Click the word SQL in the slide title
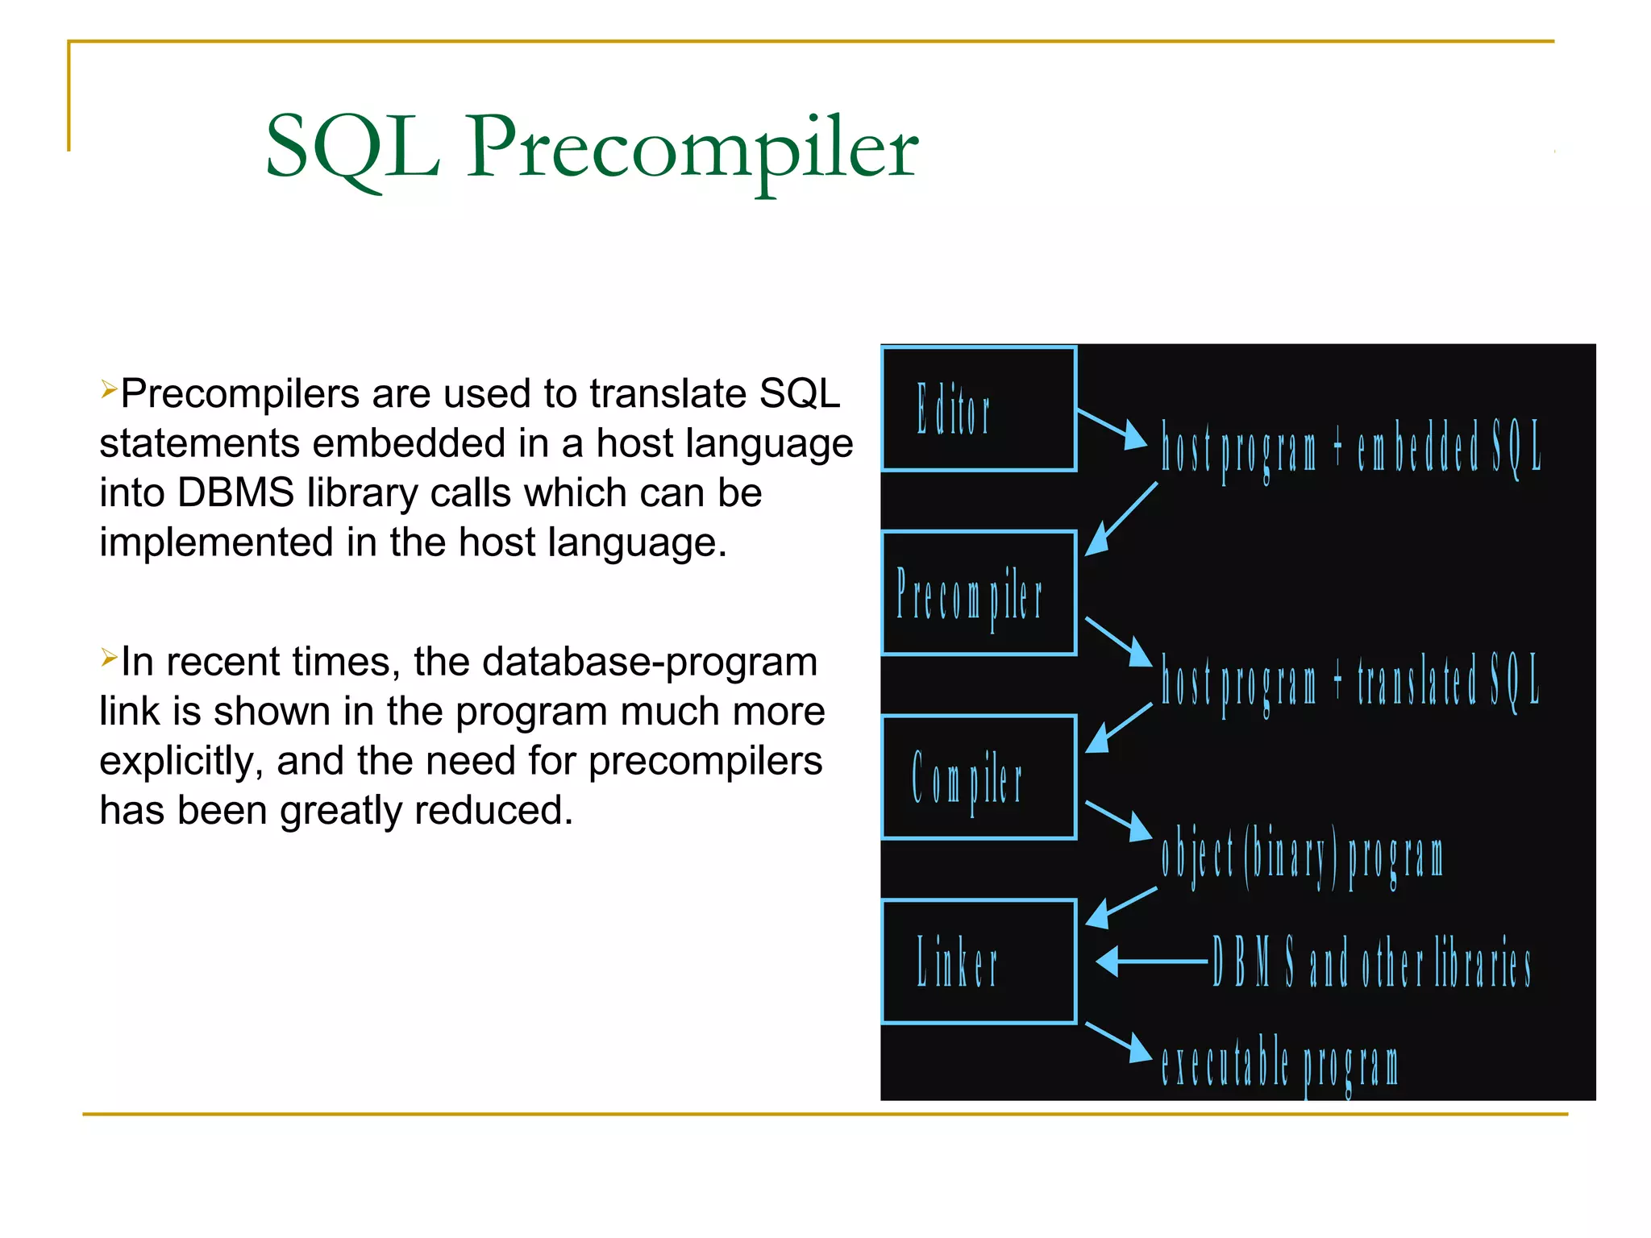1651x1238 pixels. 352,147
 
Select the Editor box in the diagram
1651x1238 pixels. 979,409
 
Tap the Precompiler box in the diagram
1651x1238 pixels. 979,593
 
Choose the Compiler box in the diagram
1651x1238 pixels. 979,777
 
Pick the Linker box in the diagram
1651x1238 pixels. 979,962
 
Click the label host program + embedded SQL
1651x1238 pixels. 1350,447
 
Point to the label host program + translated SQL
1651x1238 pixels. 1350,681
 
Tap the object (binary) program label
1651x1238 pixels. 1301,856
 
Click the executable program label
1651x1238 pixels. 1279,1064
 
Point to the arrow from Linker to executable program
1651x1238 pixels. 1119,1042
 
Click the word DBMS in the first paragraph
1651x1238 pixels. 235,492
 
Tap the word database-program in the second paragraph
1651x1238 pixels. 649,662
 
